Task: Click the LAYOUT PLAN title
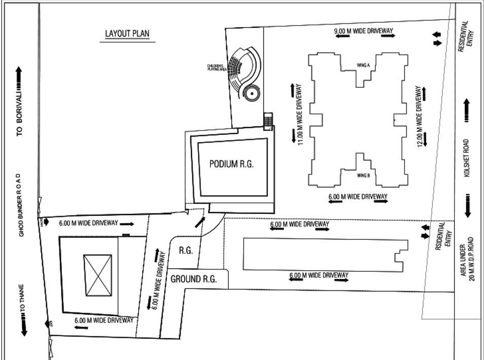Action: tap(127, 34)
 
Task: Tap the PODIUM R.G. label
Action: tap(231, 164)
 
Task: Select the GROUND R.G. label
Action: tap(193, 279)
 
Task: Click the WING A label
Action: tap(363, 65)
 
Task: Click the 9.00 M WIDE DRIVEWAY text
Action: tap(364, 31)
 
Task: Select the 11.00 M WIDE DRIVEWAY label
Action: tap(300, 115)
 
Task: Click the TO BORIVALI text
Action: tap(20, 118)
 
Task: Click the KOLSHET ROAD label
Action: tap(466, 158)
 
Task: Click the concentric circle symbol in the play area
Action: tap(251, 94)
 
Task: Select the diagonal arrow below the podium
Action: tap(200, 223)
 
